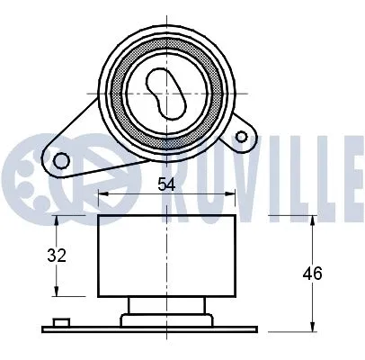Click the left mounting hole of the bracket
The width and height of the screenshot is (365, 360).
click(x=61, y=162)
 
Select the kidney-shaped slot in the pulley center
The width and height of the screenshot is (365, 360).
click(x=165, y=92)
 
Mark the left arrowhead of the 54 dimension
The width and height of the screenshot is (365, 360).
click(x=102, y=193)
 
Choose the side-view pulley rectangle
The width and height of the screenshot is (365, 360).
click(x=166, y=256)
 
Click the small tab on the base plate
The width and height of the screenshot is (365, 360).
click(x=60, y=321)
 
